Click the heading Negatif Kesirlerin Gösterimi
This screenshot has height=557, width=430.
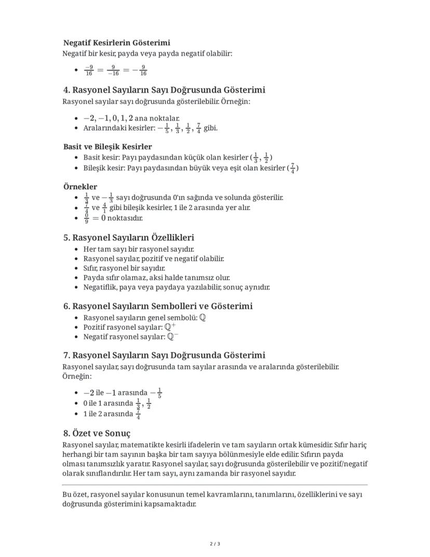pyautogui.click(x=116, y=43)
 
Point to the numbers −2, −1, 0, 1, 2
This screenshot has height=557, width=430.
pyautogui.click(x=104, y=119)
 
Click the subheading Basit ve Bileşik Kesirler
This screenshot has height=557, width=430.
pyautogui.click(x=107, y=147)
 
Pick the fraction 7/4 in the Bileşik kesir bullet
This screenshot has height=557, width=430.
pyautogui.click(x=292, y=168)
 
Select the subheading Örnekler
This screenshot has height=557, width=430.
pyautogui.click(x=80, y=186)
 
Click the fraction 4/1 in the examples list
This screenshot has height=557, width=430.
pyautogui.click(x=104, y=208)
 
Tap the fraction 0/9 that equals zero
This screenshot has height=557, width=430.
pyautogui.click(x=86, y=218)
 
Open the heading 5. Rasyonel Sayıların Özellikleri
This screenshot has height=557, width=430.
pyautogui.click(x=129, y=238)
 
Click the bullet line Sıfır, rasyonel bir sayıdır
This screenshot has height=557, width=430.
pyautogui.click(x=124, y=268)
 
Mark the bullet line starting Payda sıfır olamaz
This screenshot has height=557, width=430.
pyautogui.click(x=156, y=278)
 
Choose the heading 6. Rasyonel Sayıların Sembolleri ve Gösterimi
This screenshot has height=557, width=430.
pyautogui.click(x=158, y=306)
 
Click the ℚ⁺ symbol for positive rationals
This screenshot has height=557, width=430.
pyautogui.click(x=170, y=327)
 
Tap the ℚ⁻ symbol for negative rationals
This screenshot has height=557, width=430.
pyautogui.click(x=173, y=337)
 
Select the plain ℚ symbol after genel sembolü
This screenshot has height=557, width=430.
pyautogui.click(x=202, y=317)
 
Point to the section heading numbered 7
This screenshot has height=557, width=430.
pyautogui.click(x=164, y=355)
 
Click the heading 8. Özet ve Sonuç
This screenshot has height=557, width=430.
pyautogui.click(x=97, y=433)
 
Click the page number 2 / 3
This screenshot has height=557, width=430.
pyautogui.click(x=215, y=544)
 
